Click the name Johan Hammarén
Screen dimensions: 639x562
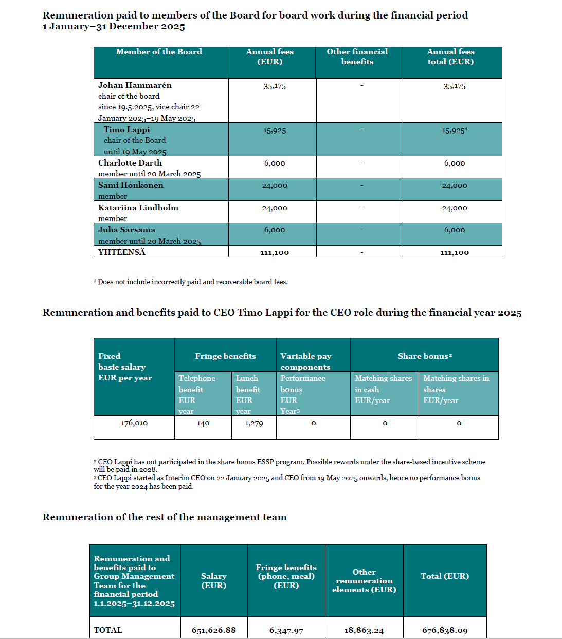click(135, 85)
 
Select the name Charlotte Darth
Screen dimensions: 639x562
click(130, 163)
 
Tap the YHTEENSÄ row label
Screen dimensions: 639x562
click(122, 252)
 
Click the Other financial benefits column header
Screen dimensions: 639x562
click(357, 57)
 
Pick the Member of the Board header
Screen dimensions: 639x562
click(159, 52)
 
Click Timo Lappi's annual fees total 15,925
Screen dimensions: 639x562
click(454, 131)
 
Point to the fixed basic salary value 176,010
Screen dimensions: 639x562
click(134, 423)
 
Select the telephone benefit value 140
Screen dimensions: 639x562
click(203, 423)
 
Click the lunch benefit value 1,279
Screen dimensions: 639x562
click(254, 423)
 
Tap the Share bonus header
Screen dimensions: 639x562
click(425, 356)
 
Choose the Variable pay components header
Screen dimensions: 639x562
click(305, 361)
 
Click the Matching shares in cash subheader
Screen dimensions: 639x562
click(383, 384)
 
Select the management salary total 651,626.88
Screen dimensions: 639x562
click(214, 630)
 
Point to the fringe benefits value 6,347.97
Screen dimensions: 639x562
click(286, 630)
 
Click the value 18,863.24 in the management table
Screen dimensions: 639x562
click(364, 630)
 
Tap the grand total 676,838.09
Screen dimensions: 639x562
click(445, 630)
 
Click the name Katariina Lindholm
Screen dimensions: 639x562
click(138, 208)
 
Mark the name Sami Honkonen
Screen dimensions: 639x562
click(131, 185)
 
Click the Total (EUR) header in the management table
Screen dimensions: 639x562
click(445, 576)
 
